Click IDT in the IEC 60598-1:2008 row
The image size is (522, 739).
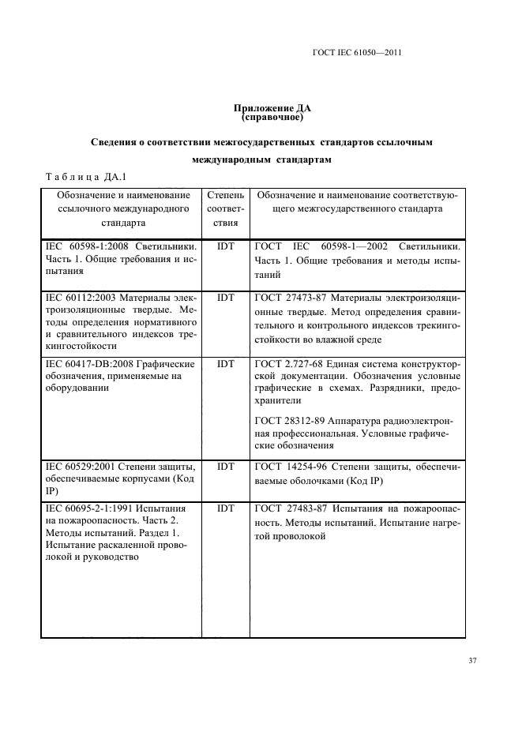pos(225,246)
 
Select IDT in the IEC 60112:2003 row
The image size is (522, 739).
pos(225,298)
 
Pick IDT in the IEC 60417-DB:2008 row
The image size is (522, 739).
pos(225,364)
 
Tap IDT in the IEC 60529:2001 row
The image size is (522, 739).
pos(225,467)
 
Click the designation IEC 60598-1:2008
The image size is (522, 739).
pos(87,246)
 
